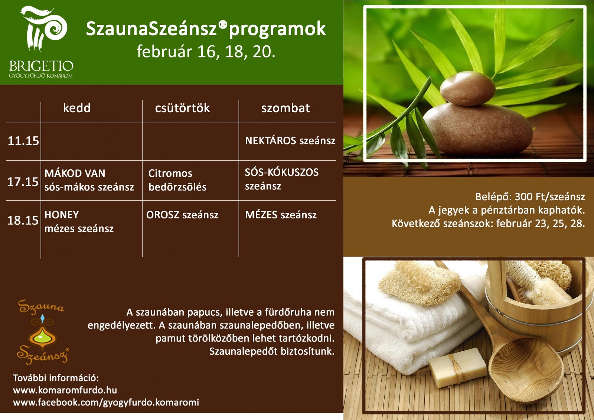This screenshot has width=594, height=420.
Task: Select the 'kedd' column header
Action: click(76, 108)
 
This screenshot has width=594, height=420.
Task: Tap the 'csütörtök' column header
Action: click(182, 108)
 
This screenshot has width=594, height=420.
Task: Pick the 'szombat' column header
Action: click(285, 108)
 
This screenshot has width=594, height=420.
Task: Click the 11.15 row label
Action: click(23, 141)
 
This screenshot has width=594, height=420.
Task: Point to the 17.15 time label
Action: click(23, 182)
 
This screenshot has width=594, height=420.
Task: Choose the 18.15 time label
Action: click(23, 220)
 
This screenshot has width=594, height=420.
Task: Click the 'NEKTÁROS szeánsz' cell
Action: click(290, 141)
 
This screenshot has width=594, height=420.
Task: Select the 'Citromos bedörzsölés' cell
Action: click(177, 180)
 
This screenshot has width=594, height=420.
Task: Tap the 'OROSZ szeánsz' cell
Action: click(182, 215)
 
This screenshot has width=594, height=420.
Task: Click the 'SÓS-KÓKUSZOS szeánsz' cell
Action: click(282, 179)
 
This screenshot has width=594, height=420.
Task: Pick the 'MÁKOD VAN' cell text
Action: click(75, 173)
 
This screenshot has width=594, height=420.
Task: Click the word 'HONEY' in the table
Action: click(62, 215)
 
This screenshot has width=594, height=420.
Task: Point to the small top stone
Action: click(467, 88)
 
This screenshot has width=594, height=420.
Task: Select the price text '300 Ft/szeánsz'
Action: click(550, 196)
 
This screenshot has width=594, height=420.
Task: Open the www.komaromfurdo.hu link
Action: click(65, 390)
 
